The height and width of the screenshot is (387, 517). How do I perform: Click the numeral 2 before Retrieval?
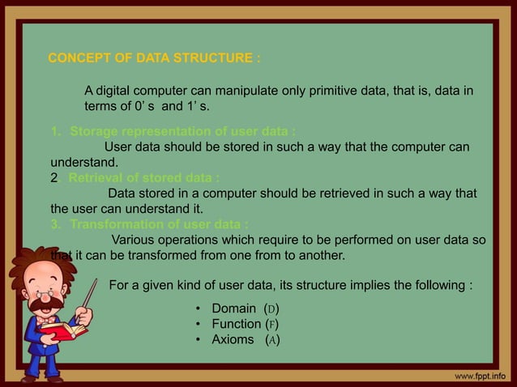pyautogui.click(x=54, y=178)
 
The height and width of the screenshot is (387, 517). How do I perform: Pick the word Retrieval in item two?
pyautogui.click(x=97, y=178)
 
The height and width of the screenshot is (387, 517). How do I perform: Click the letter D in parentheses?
pyautogui.click(x=272, y=310)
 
